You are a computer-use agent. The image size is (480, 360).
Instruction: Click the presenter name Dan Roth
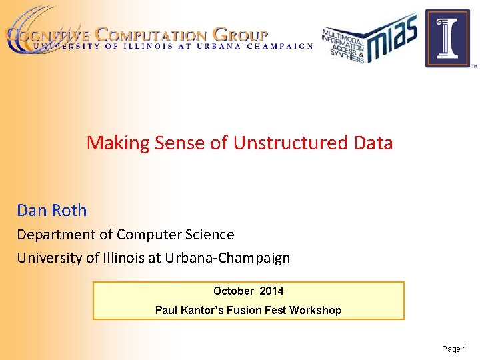tap(52, 211)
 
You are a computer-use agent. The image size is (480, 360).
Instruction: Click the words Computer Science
tap(175, 235)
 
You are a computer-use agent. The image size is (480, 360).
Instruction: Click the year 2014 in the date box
tap(271, 291)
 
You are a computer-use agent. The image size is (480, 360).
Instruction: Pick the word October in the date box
tap(233, 291)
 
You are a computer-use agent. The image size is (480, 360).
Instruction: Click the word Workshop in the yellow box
tap(316, 310)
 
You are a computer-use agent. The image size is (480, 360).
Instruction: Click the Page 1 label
tap(455, 349)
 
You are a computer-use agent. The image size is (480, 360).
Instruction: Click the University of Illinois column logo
tap(447, 38)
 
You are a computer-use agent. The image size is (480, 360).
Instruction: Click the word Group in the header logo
tap(241, 35)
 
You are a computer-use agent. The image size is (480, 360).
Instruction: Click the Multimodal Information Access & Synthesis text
tap(344, 45)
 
